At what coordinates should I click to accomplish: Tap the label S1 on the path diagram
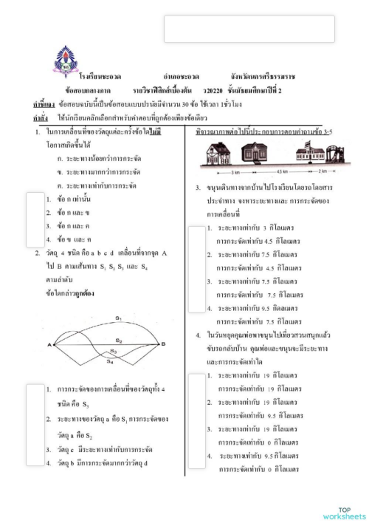pyautogui.click(x=117, y=318)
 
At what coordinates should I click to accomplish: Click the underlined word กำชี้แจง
pyautogui.click(x=44, y=103)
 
